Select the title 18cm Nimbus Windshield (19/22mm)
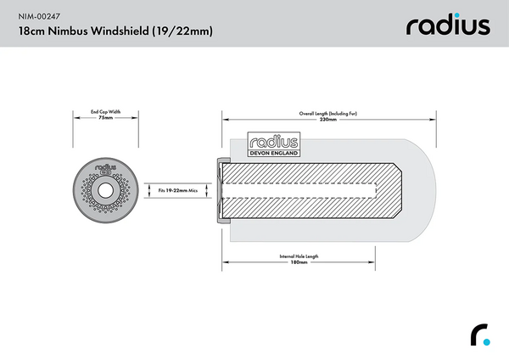click(x=115, y=31)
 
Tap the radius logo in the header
click(x=447, y=25)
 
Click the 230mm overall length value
click(x=329, y=120)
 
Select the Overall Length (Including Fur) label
click(x=329, y=112)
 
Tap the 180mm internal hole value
click(x=298, y=262)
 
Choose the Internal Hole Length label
click(x=298, y=256)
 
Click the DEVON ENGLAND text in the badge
click(x=272, y=153)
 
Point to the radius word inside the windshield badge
click(x=272, y=142)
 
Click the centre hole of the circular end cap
click(x=106, y=191)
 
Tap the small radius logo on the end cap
click(x=106, y=170)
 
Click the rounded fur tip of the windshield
click(x=428, y=191)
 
